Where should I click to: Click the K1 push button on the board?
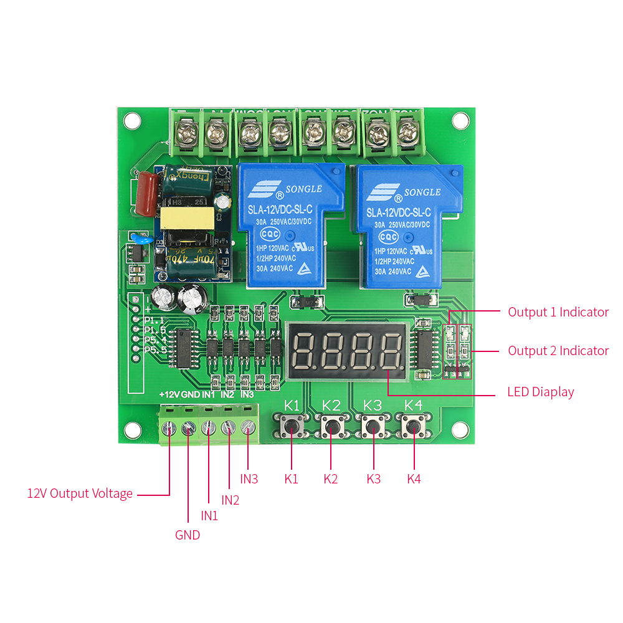292,427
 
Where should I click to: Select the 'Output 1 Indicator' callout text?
558,312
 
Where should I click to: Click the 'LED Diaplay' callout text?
540,392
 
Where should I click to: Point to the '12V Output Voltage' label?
80,493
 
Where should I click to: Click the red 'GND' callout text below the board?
188,535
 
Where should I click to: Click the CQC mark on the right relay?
388,237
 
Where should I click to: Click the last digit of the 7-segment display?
391,351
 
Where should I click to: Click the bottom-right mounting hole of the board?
460,429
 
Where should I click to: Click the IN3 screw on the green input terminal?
247,427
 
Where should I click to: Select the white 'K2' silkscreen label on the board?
331,404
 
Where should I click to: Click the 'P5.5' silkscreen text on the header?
156,350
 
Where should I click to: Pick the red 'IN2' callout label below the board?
230,500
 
